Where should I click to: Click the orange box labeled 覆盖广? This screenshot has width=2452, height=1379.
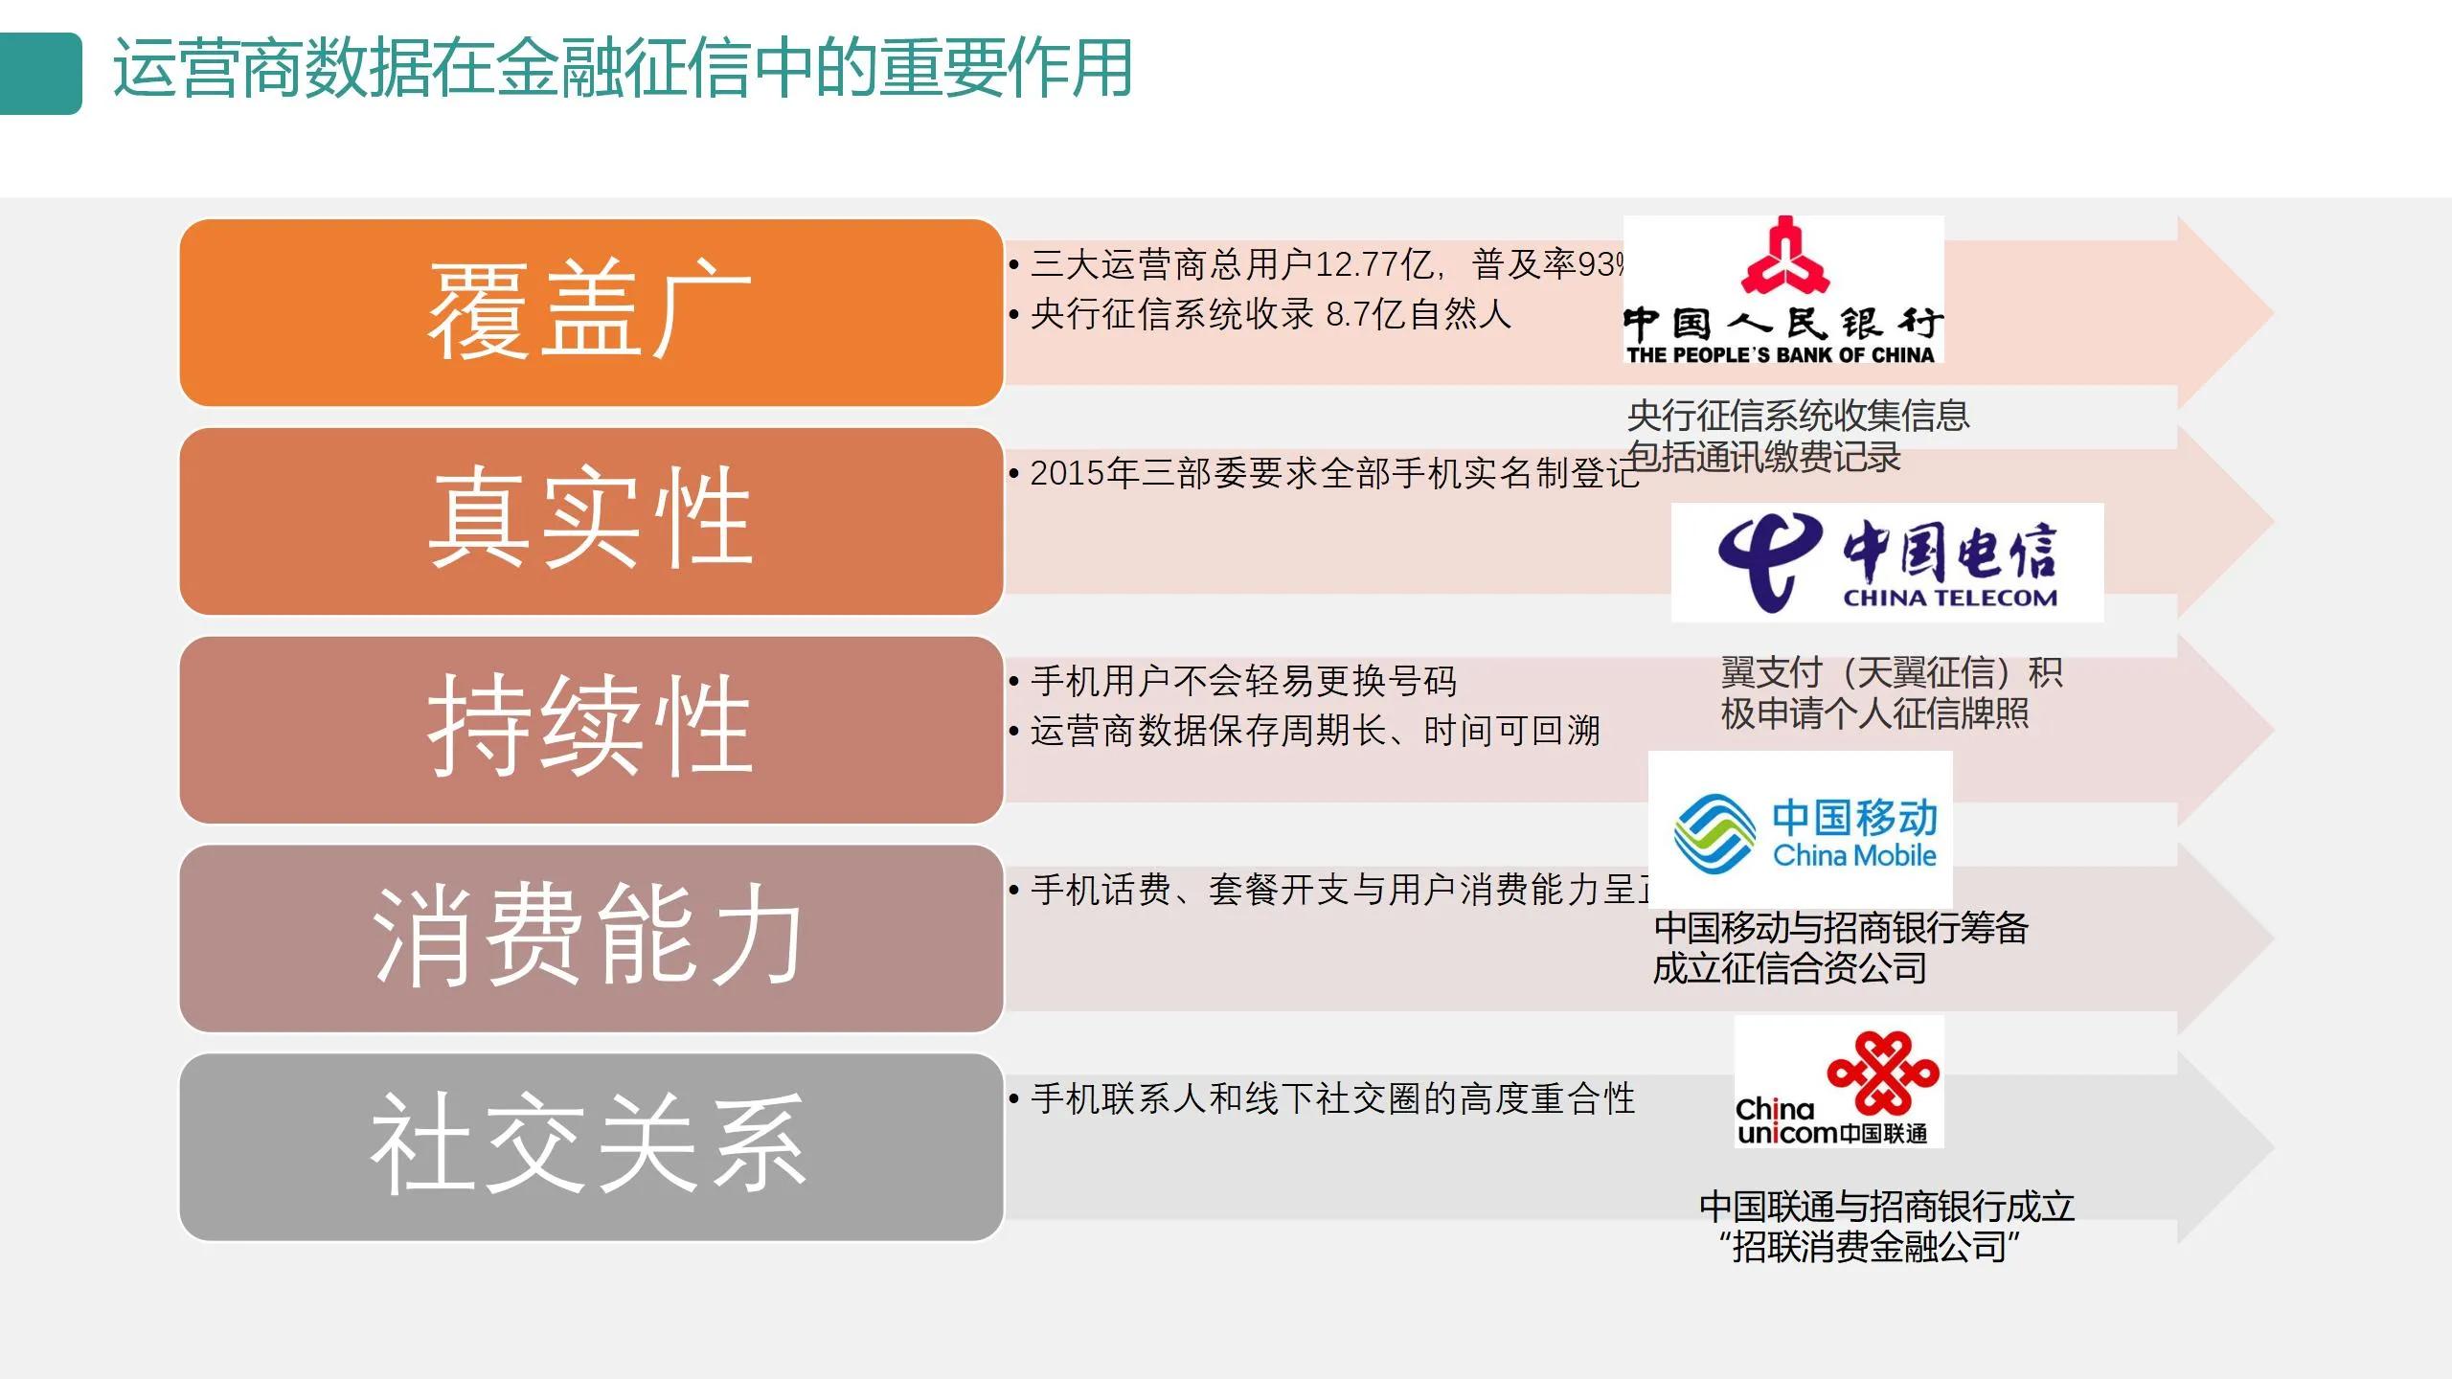(x=591, y=312)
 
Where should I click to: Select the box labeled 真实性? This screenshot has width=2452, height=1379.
(x=591, y=521)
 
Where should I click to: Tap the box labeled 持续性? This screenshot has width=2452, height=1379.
(x=591, y=730)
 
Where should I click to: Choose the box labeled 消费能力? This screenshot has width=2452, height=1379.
(x=591, y=938)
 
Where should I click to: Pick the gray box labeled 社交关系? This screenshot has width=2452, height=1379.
(x=591, y=1146)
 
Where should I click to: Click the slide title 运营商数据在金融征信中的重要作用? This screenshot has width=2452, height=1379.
(x=623, y=69)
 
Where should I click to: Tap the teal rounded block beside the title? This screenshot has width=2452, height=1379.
(x=40, y=74)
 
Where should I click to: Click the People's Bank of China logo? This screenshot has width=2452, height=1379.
(x=1783, y=290)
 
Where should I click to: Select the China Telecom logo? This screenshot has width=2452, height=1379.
(x=1887, y=562)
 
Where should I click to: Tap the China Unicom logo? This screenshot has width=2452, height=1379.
(x=1839, y=1082)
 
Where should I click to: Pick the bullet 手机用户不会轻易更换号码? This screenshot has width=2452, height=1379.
(x=1243, y=681)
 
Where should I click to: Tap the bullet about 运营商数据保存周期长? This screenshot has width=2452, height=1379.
(x=1314, y=731)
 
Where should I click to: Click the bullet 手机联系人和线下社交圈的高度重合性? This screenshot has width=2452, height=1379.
(x=1331, y=1098)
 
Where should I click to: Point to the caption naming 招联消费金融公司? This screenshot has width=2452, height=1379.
(x=1885, y=1227)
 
